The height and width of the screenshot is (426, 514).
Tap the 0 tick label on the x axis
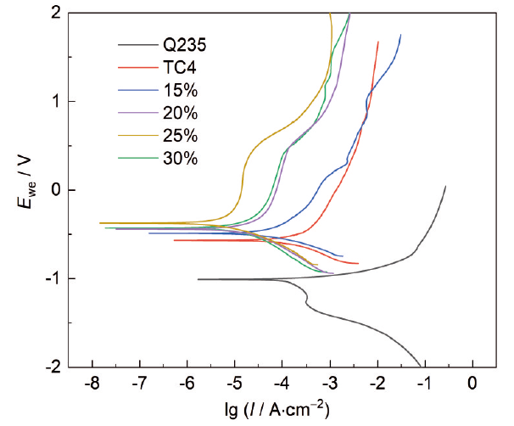pyautogui.click(x=472, y=384)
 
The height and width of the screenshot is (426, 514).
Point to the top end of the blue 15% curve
pyautogui.click(x=400, y=35)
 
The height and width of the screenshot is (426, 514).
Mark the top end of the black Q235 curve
pyautogui.click(x=445, y=187)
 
